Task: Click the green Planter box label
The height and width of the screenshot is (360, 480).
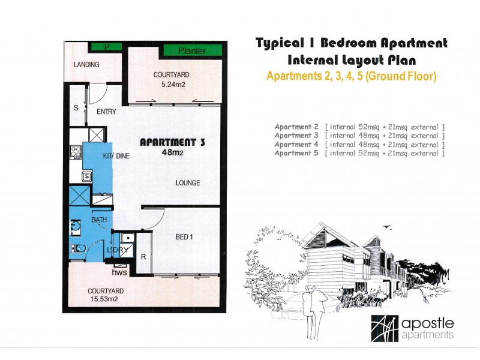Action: pyautogui.click(x=192, y=50)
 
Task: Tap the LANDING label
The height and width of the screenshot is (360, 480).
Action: pyautogui.click(x=86, y=65)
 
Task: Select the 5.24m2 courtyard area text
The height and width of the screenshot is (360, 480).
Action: pyautogui.click(x=173, y=85)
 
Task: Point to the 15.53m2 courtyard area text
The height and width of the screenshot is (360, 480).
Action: pyautogui.click(x=104, y=299)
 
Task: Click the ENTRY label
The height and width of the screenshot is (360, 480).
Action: pyautogui.click(x=106, y=112)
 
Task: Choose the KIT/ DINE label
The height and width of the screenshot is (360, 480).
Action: pyautogui.click(x=116, y=156)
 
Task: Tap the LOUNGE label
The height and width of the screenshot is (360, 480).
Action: pyautogui.click(x=188, y=183)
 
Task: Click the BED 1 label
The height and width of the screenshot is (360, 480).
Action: pyautogui.click(x=184, y=237)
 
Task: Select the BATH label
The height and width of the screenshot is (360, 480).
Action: pyautogui.click(x=99, y=220)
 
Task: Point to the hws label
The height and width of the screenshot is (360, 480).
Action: pyautogui.click(x=119, y=272)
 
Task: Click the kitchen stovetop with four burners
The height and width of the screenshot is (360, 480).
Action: pyautogui.click(x=76, y=152)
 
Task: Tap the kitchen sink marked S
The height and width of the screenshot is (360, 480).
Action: pyautogui.click(x=87, y=176)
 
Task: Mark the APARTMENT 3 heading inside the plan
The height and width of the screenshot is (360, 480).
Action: pyautogui.click(x=172, y=142)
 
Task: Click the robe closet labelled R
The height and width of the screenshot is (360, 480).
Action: pyautogui.click(x=143, y=253)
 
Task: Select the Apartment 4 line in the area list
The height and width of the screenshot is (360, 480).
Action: pyautogui.click(x=359, y=144)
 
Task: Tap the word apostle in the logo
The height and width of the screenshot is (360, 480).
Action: pyautogui.click(x=427, y=323)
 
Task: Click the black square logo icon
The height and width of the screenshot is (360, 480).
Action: pyautogui.click(x=385, y=328)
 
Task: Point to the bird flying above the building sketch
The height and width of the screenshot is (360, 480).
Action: pyautogui.click(x=387, y=227)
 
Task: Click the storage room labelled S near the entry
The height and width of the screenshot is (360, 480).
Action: pyautogui.click(x=77, y=106)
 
